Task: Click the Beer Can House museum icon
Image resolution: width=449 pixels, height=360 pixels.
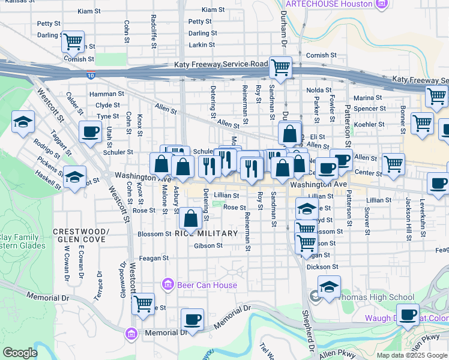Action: click(167, 284)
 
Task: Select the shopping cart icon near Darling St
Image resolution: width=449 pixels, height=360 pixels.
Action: click(73, 42)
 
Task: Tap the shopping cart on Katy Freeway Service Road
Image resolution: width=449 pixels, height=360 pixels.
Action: click(280, 68)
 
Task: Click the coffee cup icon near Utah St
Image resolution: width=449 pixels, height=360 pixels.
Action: click(90, 131)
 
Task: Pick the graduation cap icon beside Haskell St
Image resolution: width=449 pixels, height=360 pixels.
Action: click(74, 178)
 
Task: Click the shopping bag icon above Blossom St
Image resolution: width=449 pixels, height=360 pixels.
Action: click(190, 219)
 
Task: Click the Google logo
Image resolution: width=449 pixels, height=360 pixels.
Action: click(20, 353)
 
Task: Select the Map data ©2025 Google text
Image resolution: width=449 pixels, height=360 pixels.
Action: click(411, 355)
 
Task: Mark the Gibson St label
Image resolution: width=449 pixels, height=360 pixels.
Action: click(208, 245)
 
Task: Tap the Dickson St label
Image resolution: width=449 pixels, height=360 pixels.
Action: click(324, 266)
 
